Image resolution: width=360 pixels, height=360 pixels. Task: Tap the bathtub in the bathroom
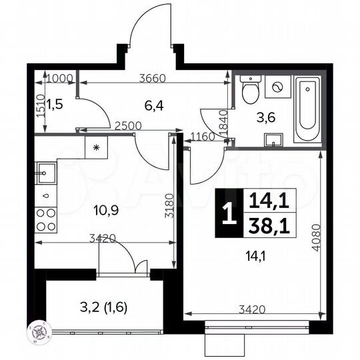pyautogui.click(x=308, y=110)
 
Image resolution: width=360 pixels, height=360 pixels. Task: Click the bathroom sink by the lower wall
pyautogui.click(x=274, y=139)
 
